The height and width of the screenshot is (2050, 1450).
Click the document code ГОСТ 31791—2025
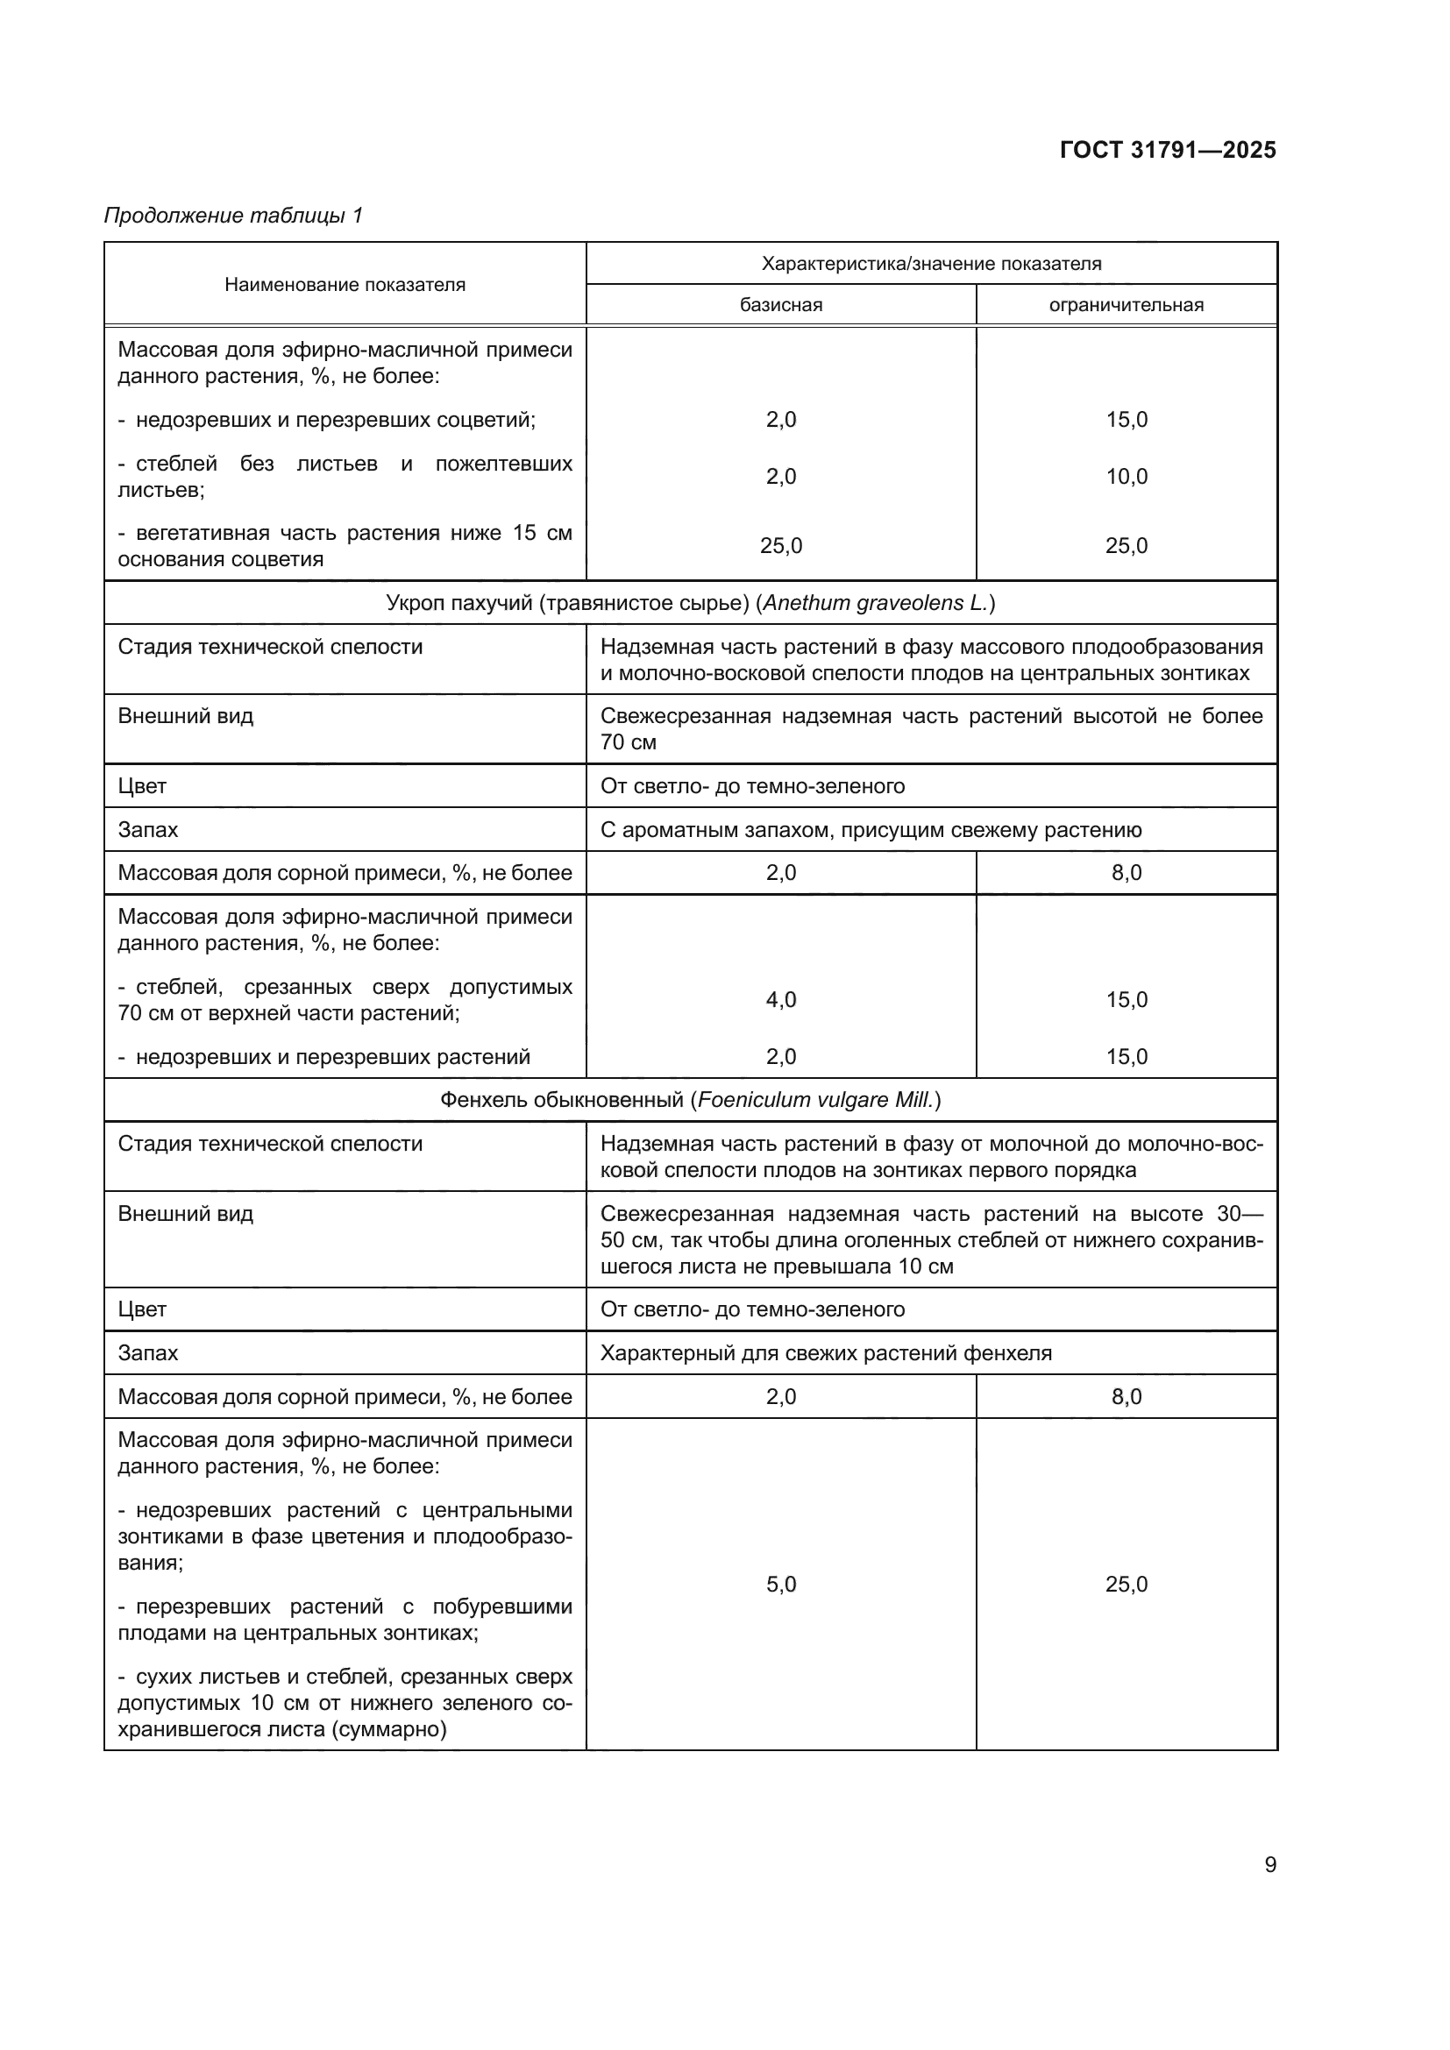[x=1167, y=150]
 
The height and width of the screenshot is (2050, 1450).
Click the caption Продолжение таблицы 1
[x=233, y=216]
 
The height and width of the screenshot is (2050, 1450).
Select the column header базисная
[x=780, y=305]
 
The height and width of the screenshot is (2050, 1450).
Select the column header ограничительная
[x=1126, y=305]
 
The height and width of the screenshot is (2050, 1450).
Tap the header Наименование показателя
[x=345, y=285]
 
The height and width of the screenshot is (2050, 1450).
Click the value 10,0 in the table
[x=1126, y=477]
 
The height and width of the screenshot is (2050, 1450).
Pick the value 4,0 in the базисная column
[x=780, y=1000]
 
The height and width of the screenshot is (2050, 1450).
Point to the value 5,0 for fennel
[x=780, y=1584]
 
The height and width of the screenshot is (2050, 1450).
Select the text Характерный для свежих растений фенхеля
[x=825, y=1352]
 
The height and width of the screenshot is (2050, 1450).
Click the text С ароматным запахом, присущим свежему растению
[x=871, y=830]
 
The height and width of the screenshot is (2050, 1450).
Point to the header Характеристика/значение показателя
[x=930, y=264]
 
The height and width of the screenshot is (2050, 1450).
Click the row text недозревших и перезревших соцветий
[x=335, y=421]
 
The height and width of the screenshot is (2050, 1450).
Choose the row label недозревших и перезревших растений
[x=332, y=1057]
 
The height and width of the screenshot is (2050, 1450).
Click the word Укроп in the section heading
[x=416, y=604]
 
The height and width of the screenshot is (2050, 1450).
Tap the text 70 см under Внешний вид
[x=628, y=743]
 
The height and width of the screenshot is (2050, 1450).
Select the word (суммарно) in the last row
[x=389, y=1729]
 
